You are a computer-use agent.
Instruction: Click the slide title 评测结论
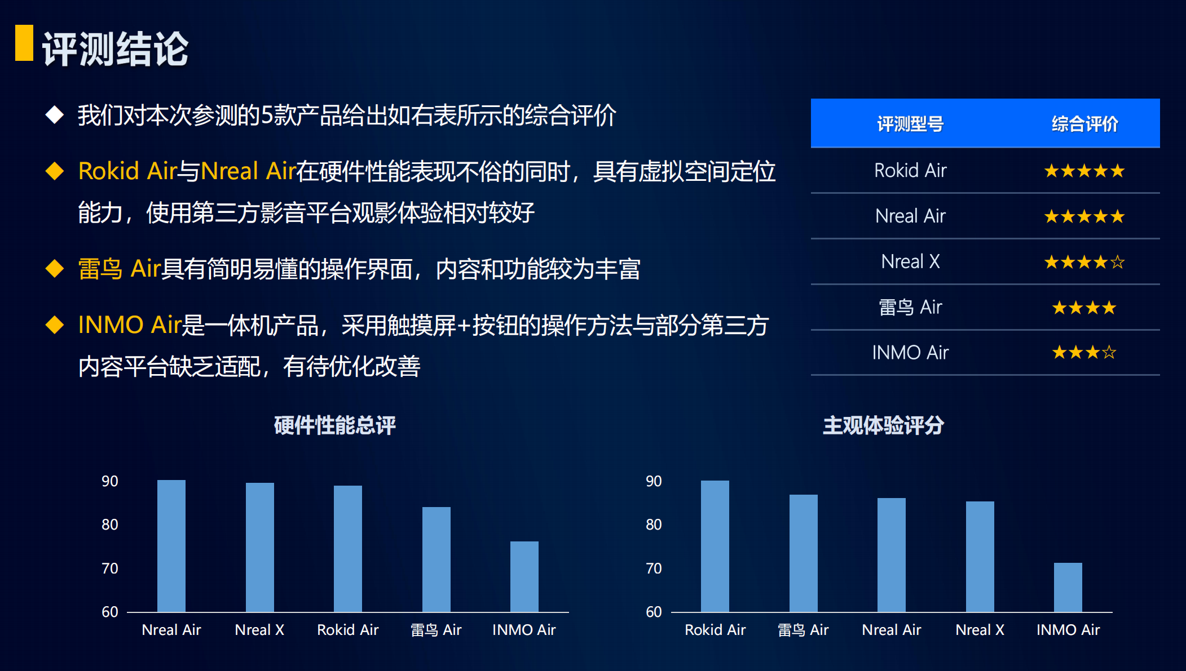tap(115, 49)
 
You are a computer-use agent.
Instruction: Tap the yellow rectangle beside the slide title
tap(24, 42)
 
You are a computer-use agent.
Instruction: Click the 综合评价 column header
tap(1084, 124)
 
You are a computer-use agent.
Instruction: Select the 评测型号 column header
tap(910, 124)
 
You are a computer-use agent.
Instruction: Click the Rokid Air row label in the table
tap(910, 170)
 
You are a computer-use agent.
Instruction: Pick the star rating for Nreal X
tap(1084, 262)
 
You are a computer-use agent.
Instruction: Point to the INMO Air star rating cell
tap(1084, 353)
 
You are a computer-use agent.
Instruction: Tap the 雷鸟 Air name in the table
tap(910, 307)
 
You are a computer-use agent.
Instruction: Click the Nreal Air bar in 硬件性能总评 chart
tap(171, 546)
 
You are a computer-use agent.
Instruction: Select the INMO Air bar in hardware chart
tap(524, 576)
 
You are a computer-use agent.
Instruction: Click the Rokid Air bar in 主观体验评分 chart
tap(715, 546)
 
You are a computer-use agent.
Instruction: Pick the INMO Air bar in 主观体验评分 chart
tap(1068, 587)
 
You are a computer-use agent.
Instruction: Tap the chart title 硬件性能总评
tap(335, 425)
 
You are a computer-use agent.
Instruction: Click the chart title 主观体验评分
tap(883, 425)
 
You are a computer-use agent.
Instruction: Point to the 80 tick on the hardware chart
tap(110, 525)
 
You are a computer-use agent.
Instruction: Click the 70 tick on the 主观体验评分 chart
tap(654, 568)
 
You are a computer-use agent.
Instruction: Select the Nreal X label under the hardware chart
tap(259, 630)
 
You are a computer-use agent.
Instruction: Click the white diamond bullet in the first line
tap(55, 114)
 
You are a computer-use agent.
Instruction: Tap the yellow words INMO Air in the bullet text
tap(130, 325)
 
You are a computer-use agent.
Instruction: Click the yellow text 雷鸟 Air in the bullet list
tap(120, 269)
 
